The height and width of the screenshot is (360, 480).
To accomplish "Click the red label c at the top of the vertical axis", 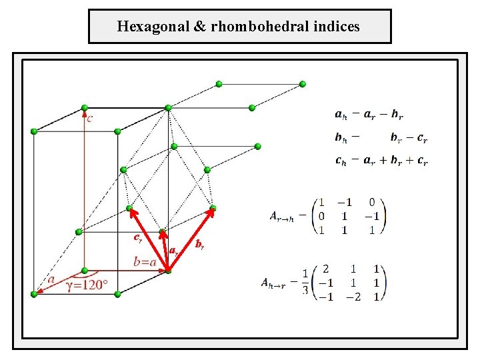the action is [90, 119].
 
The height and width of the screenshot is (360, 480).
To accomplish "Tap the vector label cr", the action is [137, 237].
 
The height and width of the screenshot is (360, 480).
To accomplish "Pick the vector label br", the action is [199, 245].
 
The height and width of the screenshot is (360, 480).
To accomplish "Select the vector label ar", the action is [173, 251].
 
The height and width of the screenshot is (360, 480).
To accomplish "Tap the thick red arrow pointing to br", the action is [191, 239].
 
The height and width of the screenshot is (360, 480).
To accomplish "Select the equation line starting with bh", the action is [381, 138].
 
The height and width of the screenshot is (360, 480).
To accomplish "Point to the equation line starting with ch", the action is [381, 161].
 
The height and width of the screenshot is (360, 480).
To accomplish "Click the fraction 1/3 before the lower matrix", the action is [305, 283].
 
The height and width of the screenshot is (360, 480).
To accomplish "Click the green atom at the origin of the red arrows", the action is [168, 270].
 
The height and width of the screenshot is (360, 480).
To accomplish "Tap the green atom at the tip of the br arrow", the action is [213, 209].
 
